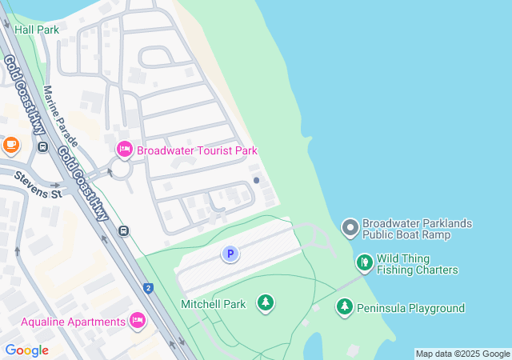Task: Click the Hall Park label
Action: (37, 29)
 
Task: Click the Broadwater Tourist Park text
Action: (197, 150)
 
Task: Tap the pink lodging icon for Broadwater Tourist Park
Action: (124, 150)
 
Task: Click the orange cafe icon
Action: (10, 145)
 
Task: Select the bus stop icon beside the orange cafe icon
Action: (42, 146)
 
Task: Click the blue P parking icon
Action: (230, 254)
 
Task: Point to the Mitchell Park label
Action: (213, 304)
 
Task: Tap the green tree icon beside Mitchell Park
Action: (265, 303)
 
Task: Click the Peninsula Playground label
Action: (410, 308)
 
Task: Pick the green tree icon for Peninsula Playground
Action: (344, 307)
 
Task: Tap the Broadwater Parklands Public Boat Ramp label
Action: (417, 229)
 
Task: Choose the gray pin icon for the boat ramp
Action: (350, 228)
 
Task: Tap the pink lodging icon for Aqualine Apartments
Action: (137, 321)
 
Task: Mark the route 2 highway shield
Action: (148, 288)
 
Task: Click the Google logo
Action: (26, 350)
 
